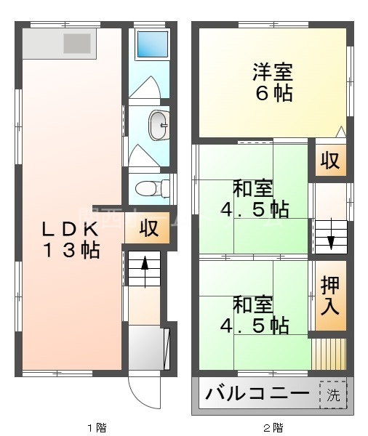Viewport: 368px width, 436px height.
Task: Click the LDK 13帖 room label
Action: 70,240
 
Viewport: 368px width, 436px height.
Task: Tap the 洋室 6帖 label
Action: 273,83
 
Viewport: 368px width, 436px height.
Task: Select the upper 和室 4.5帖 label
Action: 254,199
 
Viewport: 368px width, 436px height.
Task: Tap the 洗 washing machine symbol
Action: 332,395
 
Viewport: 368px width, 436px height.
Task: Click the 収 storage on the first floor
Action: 148,228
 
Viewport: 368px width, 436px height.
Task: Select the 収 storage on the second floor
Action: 330,161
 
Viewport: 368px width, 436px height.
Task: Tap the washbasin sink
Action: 158,126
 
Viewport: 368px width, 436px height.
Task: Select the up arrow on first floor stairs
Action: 144,266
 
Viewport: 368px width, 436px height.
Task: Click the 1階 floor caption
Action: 97,427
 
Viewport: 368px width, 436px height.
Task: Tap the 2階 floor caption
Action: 273,427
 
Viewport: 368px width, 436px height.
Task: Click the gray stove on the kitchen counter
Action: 76,44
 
